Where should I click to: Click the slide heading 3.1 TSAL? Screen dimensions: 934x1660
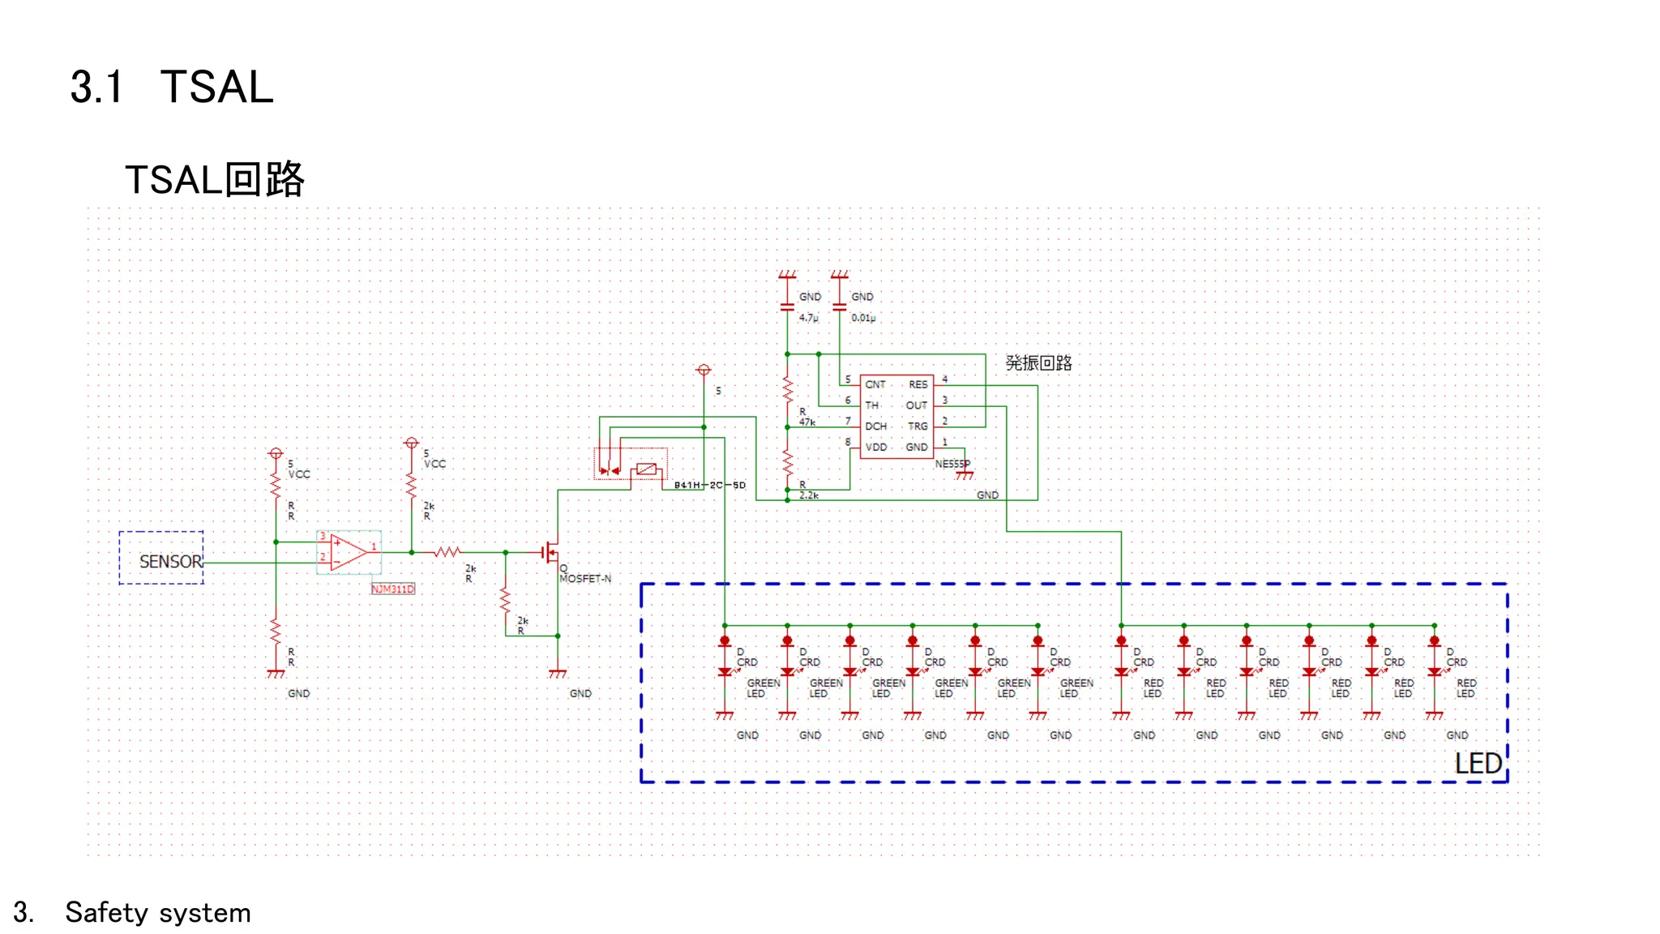172,87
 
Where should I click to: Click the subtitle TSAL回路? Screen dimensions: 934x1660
214,179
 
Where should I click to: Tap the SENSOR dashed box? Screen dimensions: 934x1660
161,559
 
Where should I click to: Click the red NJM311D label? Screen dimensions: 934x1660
392,589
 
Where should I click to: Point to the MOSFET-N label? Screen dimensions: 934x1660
585,578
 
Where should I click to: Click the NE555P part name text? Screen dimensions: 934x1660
952,464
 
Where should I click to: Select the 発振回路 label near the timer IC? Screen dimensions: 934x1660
1038,362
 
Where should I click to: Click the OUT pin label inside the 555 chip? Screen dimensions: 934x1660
916,405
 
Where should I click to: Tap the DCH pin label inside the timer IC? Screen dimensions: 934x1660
875,426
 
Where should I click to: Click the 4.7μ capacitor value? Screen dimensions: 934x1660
808,318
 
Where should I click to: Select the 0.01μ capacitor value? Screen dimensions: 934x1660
862,318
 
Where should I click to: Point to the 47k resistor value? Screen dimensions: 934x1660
806,422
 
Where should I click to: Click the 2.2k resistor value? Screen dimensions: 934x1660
809,495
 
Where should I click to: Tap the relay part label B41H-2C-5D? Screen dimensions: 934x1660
709,485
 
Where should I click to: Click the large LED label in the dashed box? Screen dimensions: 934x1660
1478,763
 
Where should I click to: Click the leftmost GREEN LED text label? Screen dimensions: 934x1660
762,688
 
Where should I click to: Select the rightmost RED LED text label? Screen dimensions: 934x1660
1465,688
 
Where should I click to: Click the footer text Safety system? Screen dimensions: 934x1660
157,913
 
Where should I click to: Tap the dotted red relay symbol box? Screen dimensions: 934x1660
631,463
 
